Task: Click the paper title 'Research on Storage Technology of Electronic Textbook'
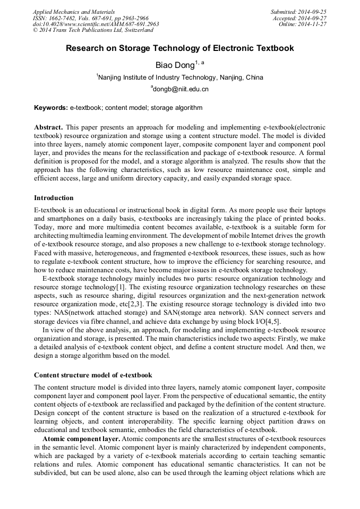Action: click(179, 48)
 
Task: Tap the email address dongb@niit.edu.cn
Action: click(181, 89)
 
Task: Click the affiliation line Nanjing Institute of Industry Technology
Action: click(181, 77)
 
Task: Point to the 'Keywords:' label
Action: click(50, 108)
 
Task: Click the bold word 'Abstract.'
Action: click(48, 128)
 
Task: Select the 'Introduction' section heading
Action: click(54, 198)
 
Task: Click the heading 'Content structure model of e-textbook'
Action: click(93, 375)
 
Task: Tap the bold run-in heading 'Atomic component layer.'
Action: click(81, 439)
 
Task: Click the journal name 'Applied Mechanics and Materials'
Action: click(73, 11)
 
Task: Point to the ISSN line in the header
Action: click(90, 18)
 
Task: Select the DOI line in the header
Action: click(96, 24)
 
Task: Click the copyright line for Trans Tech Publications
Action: click(93, 30)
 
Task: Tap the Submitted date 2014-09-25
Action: click(298, 11)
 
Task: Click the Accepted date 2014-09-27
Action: click(300, 18)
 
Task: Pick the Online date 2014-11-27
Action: click(303, 24)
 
